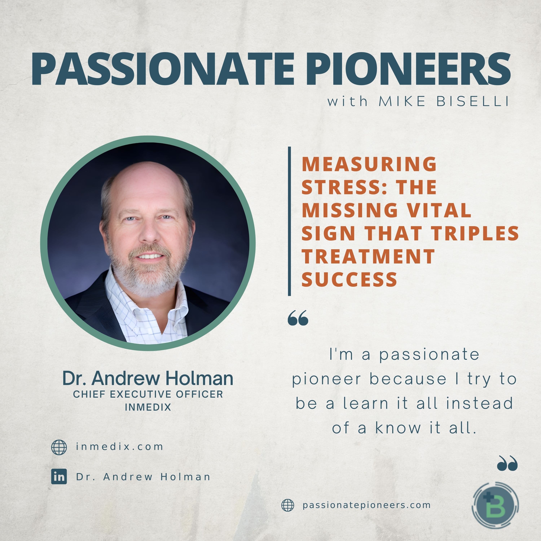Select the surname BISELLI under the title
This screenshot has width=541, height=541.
[x=473, y=101]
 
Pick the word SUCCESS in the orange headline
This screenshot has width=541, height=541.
[x=349, y=280]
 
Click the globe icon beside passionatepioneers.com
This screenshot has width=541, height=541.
[x=288, y=505]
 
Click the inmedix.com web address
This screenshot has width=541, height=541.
[x=120, y=447]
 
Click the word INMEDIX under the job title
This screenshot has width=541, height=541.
[x=148, y=407]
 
